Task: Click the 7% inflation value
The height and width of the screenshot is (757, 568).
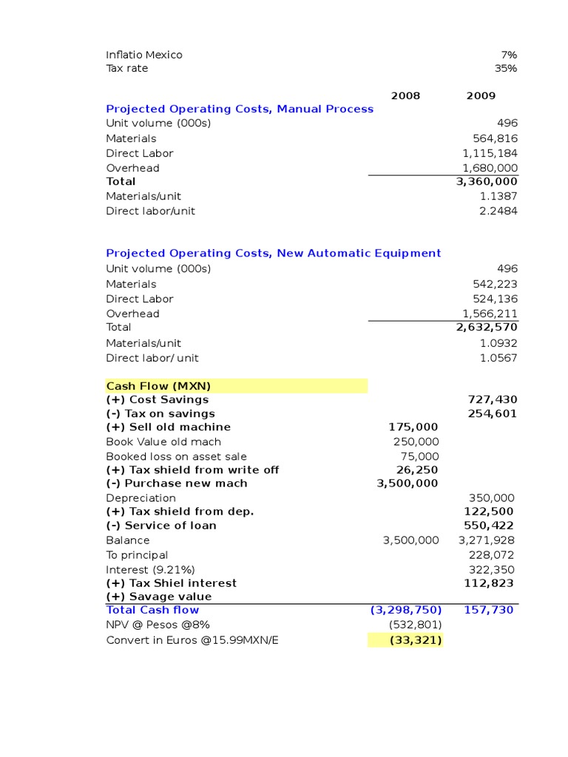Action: coord(509,55)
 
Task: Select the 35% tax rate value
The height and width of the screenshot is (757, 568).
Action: coord(506,69)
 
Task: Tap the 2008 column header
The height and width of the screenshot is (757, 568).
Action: coord(405,96)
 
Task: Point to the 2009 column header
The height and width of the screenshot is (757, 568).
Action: coord(481,96)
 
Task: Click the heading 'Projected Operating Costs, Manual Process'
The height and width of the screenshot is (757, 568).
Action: coord(240,109)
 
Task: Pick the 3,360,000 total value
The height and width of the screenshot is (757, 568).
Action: coord(487,182)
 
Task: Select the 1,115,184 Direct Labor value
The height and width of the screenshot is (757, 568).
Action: coord(490,153)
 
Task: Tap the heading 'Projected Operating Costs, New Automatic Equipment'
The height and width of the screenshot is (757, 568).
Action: coord(274,254)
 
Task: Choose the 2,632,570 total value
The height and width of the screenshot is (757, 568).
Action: coord(487,327)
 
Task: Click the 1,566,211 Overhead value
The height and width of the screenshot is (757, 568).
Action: coord(490,313)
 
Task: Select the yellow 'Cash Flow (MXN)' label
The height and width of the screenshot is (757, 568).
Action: coord(158,386)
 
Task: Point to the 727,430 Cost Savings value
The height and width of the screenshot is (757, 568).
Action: coord(492,400)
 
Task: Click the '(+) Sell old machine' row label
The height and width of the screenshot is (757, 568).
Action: coord(169,427)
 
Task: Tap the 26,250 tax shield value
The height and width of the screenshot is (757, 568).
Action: coord(417,470)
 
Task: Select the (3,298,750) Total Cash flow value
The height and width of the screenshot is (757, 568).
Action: coord(406,610)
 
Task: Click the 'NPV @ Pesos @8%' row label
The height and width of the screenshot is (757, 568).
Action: coord(153,625)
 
